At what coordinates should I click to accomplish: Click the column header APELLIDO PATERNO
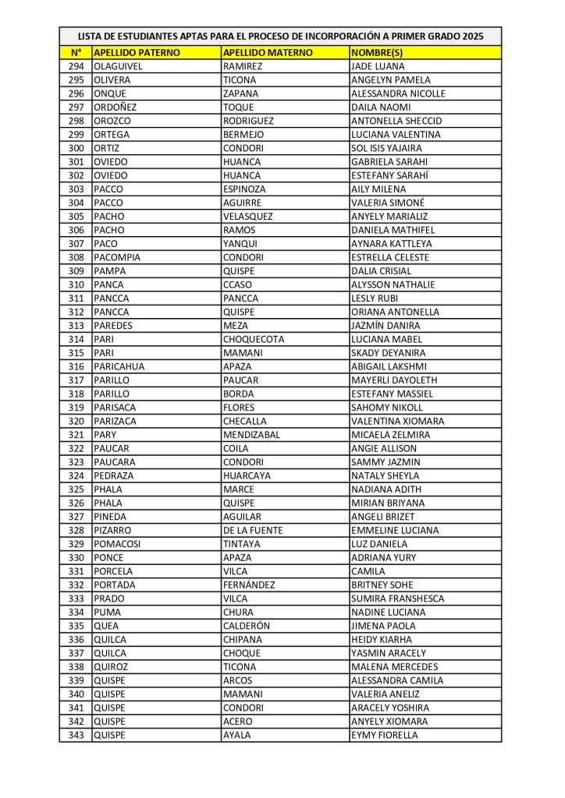[x=137, y=52]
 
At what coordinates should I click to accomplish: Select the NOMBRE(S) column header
[x=377, y=52]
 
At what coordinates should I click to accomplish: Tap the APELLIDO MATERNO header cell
[x=268, y=52]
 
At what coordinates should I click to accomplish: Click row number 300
[x=76, y=148]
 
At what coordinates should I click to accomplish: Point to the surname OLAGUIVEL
[x=118, y=66]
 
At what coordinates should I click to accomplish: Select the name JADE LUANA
[x=378, y=66]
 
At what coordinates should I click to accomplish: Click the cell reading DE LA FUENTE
[x=253, y=530]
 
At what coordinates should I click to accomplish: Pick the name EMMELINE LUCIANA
[x=396, y=530]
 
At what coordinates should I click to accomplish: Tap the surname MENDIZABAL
[x=251, y=435]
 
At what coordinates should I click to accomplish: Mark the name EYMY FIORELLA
[x=385, y=735]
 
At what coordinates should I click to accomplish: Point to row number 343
[x=76, y=735]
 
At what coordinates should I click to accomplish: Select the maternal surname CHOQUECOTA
[x=254, y=339]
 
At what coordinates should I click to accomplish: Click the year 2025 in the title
[x=473, y=36]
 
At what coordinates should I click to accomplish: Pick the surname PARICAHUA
[x=119, y=366]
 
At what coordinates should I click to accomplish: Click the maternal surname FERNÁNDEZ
[x=252, y=584]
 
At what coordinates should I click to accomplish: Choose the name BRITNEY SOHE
[x=382, y=584]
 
